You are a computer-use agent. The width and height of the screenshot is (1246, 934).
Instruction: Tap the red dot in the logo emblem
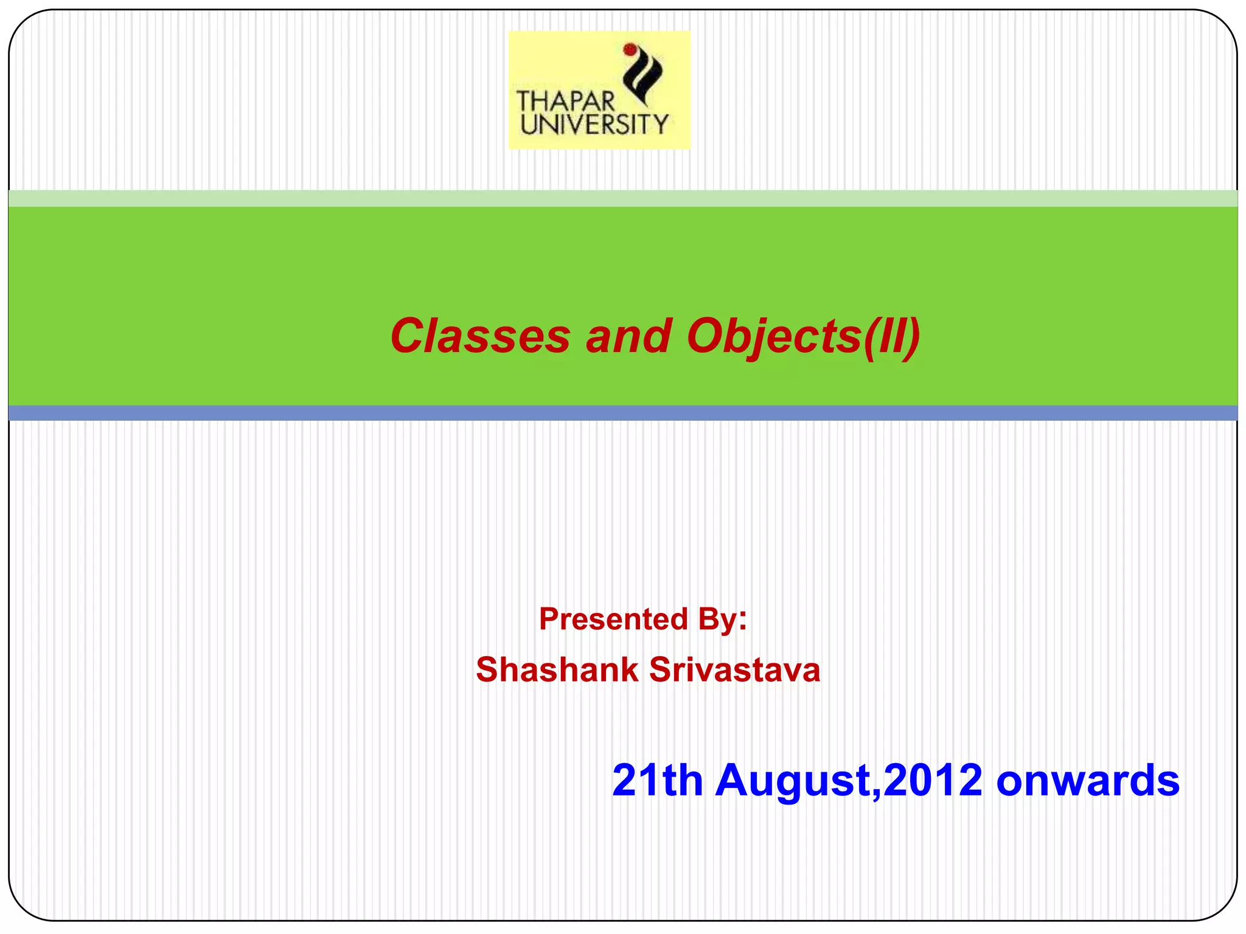pyautogui.click(x=630, y=49)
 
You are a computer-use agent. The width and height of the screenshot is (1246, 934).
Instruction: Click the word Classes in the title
pyautogui.click(x=480, y=336)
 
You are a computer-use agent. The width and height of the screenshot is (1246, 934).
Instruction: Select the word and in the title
pyautogui.click(x=628, y=336)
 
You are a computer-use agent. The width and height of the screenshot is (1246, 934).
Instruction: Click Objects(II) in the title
pyautogui.click(x=803, y=336)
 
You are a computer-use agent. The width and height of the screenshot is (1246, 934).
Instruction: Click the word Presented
pyautogui.click(x=605, y=619)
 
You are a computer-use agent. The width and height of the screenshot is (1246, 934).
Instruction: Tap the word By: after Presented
pyautogui.click(x=722, y=619)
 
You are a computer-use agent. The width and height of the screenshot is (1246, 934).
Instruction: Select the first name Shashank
pyautogui.click(x=557, y=670)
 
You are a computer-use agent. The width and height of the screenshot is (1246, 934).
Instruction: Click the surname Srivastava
pyautogui.click(x=735, y=670)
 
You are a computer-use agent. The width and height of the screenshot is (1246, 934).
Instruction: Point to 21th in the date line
pyautogui.click(x=657, y=780)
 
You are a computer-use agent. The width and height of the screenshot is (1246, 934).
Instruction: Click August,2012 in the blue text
pyautogui.click(x=849, y=780)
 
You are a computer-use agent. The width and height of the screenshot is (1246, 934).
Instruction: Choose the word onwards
pyautogui.click(x=1088, y=780)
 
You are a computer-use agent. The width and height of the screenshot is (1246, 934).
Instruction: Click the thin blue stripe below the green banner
pyautogui.click(x=623, y=413)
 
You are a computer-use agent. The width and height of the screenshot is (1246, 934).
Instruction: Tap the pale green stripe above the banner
pyautogui.click(x=623, y=198)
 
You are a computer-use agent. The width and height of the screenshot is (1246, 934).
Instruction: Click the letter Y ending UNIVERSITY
pyautogui.click(x=660, y=125)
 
